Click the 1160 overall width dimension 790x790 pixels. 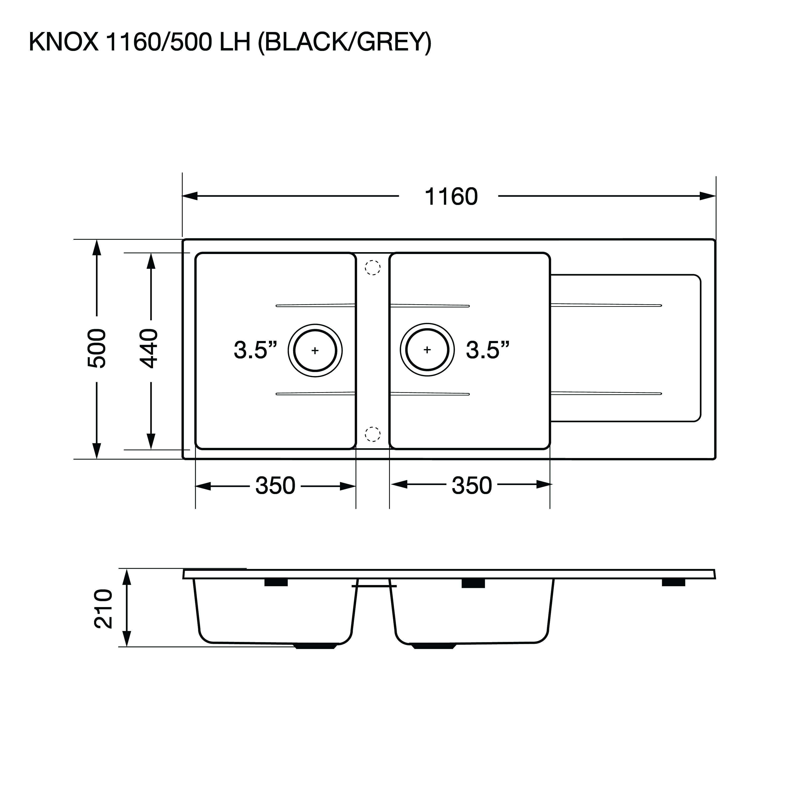(451, 197)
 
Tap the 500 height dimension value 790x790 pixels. (97, 348)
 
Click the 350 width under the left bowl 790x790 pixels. (275, 486)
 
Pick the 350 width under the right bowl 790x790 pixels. (472, 486)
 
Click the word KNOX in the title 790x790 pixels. (64, 42)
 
